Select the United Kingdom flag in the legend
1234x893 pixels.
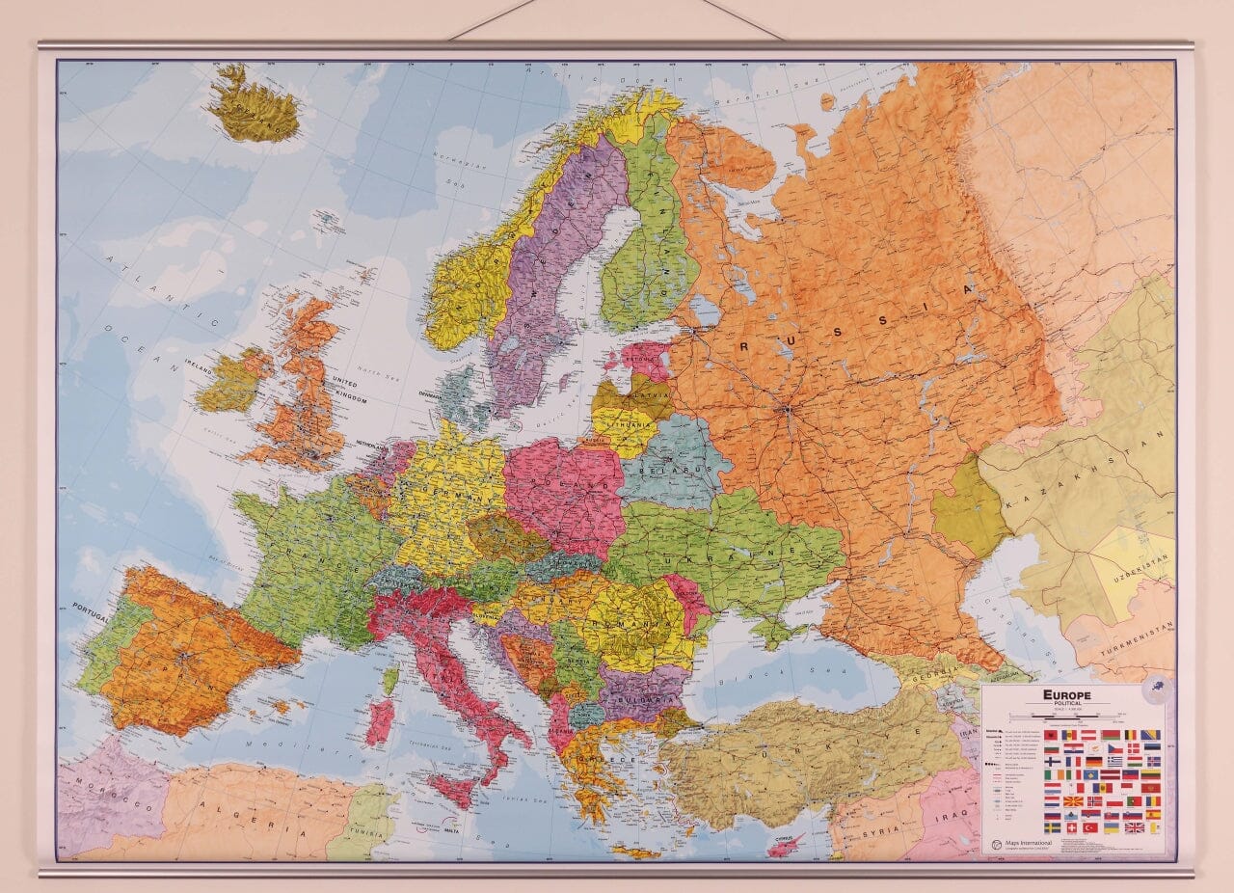[1135, 827]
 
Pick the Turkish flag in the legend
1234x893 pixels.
[1091, 827]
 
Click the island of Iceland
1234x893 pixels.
[254, 107]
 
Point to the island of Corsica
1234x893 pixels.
[390, 679]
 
